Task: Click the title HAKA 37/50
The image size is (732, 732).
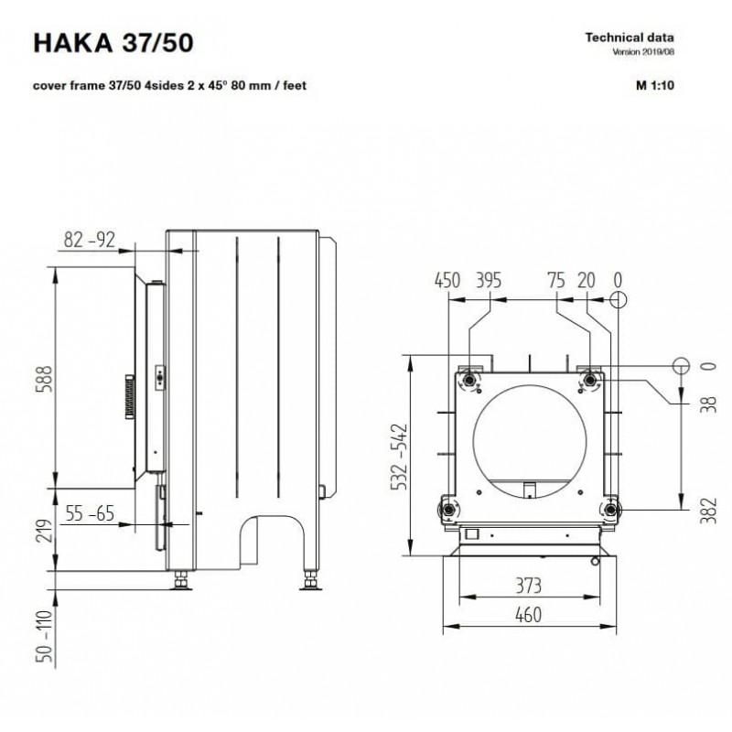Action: point(113,42)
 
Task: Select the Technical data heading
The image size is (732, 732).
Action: point(630,38)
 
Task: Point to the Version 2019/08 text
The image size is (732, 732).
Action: point(643,52)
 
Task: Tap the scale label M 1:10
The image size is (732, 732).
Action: point(655,85)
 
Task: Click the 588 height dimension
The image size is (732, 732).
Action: point(45,379)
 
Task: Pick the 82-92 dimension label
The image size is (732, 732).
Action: point(89,240)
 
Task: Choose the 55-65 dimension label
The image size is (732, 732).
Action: point(90,513)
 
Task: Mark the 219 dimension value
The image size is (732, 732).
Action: point(45,531)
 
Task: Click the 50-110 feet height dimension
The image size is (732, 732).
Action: point(45,636)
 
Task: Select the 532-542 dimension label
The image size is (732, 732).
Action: point(399,457)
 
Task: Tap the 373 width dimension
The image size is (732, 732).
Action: point(529,586)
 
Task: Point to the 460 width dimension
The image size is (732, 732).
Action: point(529,615)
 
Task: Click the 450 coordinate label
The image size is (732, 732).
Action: point(447,281)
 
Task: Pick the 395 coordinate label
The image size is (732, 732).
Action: point(489,281)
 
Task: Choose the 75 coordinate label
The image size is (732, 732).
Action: point(556,281)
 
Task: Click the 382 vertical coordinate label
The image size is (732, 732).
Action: point(708,511)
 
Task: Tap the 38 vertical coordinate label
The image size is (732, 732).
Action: point(708,404)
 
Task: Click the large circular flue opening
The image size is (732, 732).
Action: point(530,442)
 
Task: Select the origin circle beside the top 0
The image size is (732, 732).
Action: point(619,299)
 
